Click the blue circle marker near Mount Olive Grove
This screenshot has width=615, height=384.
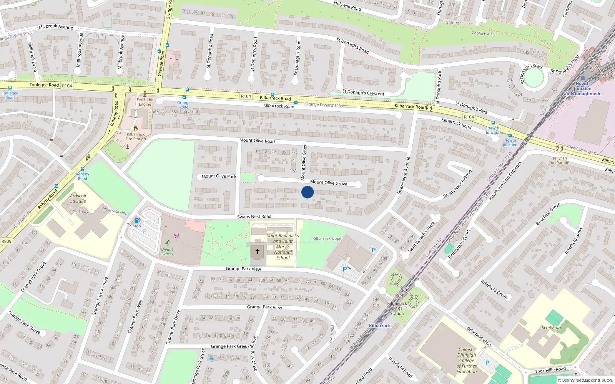(307, 192)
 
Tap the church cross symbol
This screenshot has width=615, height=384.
(257, 252)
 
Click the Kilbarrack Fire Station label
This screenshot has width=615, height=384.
(136, 137)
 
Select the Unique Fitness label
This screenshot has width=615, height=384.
(167, 252)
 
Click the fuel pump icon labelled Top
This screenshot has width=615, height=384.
(137, 220)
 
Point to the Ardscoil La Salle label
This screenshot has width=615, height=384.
(78, 199)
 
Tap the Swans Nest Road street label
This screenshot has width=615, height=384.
(254, 217)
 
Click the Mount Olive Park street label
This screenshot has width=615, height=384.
(219, 176)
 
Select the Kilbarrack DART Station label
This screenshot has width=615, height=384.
(397, 308)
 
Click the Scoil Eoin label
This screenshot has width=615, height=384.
(551, 328)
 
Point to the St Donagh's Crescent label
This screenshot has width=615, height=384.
(363, 93)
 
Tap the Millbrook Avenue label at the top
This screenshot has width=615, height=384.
(56, 27)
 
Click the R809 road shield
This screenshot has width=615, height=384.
(7, 241)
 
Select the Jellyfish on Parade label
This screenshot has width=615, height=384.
(560, 161)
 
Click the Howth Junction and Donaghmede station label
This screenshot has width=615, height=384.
(583, 89)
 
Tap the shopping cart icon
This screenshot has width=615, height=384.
(176, 235)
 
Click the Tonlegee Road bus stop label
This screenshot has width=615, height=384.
(10, 95)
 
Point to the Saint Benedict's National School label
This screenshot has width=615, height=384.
(283, 247)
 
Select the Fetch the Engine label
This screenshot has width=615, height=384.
(145, 102)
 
